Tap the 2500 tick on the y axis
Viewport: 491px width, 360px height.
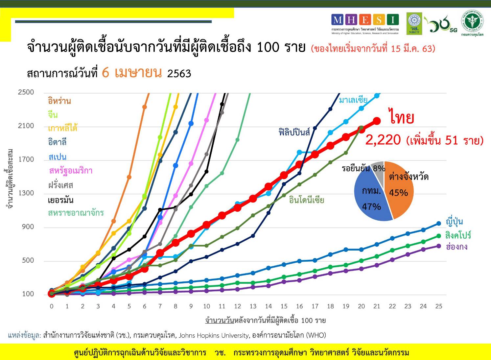point(26,92)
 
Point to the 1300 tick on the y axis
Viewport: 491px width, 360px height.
point(26,193)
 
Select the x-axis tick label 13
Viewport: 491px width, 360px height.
point(253,306)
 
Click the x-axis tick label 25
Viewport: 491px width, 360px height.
point(438,306)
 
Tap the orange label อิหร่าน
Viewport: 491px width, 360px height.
point(59,101)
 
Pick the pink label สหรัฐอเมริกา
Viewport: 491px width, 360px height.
point(71,171)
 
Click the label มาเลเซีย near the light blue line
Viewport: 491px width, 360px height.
point(353,100)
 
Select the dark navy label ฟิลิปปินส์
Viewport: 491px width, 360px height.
point(294,132)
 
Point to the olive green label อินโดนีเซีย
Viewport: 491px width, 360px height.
point(306,200)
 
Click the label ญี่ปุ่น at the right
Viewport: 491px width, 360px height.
point(454,222)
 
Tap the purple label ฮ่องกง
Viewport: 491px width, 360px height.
point(456,247)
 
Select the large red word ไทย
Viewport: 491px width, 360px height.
point(402,118)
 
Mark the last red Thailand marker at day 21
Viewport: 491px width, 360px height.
point(377,121)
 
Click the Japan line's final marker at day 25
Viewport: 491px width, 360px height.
point(438,224)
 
